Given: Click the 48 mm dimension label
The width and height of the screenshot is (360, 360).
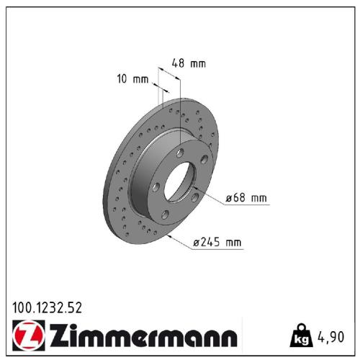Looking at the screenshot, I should pyautogui.click(x=189, y=63).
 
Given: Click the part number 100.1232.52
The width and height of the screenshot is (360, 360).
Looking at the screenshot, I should pyautogui.click(x=47, y=307).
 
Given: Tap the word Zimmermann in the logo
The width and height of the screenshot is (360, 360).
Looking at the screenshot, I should pyautogui.click(x=143, y=336).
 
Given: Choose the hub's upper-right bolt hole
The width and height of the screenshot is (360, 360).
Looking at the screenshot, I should pyautogui.click(x=204, y=160).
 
